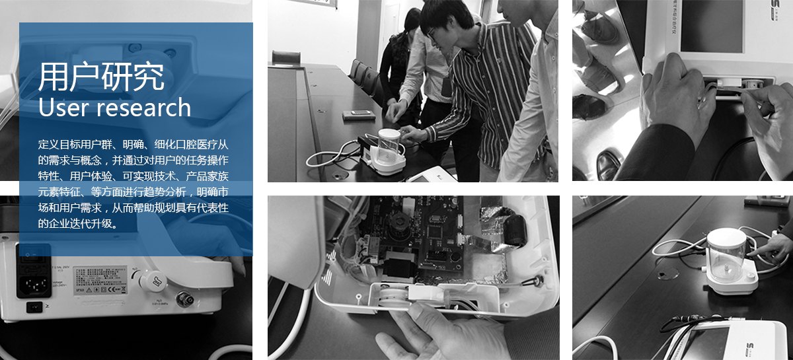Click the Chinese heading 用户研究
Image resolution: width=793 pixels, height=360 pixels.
101,77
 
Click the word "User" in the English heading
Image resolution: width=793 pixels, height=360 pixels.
63,108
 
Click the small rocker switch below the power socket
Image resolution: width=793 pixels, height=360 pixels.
34,306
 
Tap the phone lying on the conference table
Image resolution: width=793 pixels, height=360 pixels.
359,116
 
